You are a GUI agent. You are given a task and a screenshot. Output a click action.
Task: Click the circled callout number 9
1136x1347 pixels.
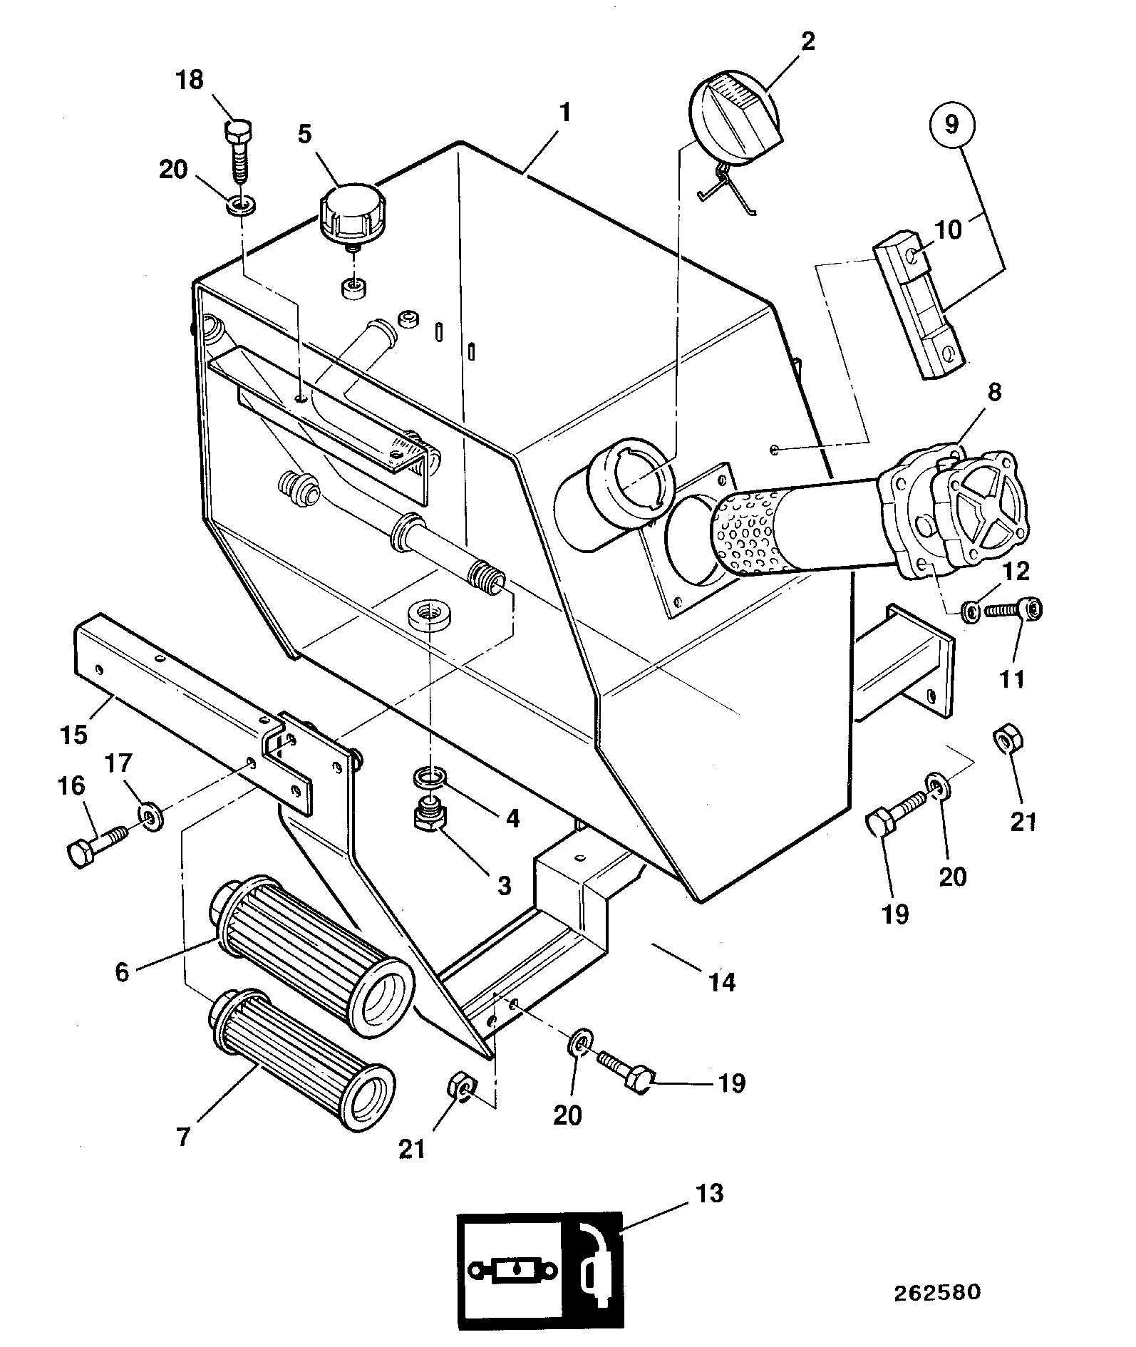pos(951,125)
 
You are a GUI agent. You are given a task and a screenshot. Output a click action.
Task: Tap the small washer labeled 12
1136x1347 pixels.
pos(969,611)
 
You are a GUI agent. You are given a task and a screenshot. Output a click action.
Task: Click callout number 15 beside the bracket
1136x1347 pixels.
pos(73,733)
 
